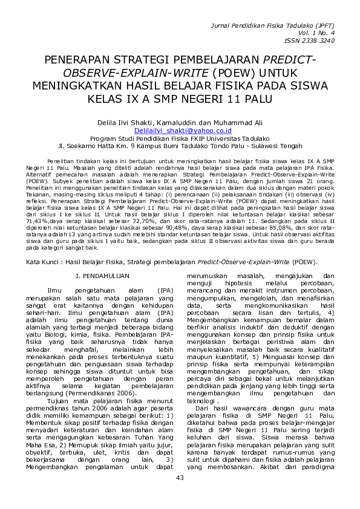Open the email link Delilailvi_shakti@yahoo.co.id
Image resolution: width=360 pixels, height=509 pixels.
179,131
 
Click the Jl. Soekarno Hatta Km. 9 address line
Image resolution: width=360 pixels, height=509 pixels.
179,145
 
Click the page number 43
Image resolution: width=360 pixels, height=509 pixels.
179,495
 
